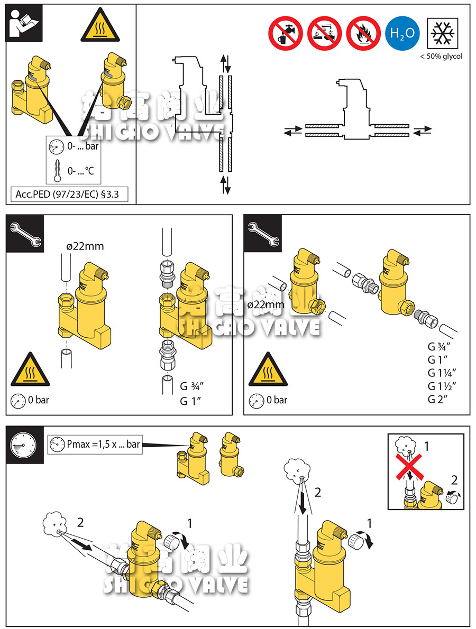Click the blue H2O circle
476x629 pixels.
click(x=402, y=33)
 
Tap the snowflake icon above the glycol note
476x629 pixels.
click(x=443, y=33)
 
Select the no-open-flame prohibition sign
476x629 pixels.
click(x=363, y=33)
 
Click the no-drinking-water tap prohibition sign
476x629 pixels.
click(x=286, y=33)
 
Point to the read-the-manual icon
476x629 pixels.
click(x=23, y=23)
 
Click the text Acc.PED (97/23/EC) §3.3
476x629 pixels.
click(x=67, y=195)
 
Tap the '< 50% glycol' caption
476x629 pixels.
click(x=441, y=57)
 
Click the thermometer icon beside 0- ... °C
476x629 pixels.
click(x=57, y=171)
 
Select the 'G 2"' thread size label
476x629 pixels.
click(x=437, y=399)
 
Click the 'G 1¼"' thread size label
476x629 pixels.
click(x=442, y=373)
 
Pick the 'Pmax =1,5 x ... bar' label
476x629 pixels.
click(x=103, y=444)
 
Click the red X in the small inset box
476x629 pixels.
click(x=409, y=467)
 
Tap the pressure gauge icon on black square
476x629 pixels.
click(x=24, y=445)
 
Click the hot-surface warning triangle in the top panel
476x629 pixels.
click(x=100, y=25)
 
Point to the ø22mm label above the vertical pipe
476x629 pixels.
click(x=85, y=246)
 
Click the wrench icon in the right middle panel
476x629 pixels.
click(x=262, y=234)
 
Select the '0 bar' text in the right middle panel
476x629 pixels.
click(x=277, y=400)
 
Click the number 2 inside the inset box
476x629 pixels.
click(x=454, y=480)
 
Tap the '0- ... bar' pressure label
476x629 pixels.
click(x=83, y=146)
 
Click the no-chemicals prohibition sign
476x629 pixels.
click(x=324, y=33)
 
